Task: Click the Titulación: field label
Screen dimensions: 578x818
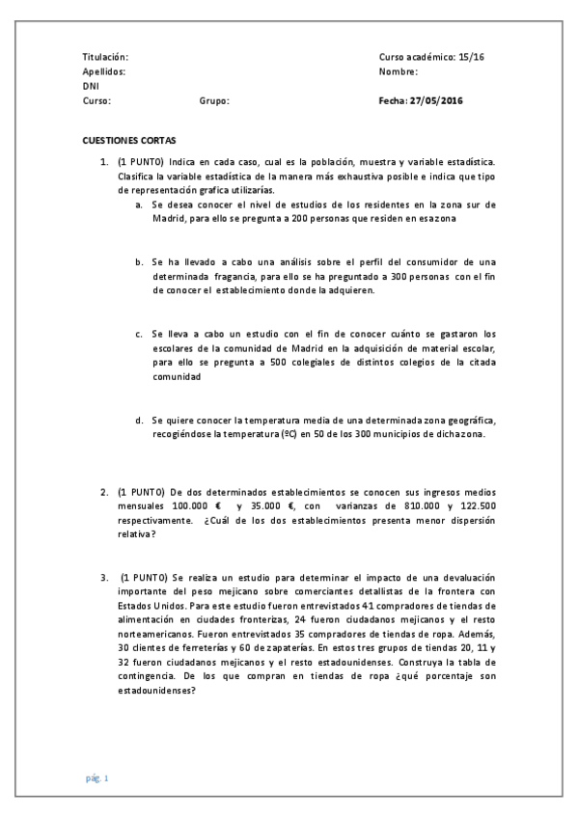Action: [x=105, y=58]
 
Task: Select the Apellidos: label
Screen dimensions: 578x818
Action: [x=103, y=71]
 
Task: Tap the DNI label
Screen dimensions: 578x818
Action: [x=91, y=86]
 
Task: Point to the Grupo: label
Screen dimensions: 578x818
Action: [x=214, y=99]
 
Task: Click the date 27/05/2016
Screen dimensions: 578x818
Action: [x=437, y=99]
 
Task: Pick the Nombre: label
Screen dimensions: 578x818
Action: [x=399, y=71]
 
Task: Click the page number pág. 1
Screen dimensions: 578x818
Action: [x=96, y=777]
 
